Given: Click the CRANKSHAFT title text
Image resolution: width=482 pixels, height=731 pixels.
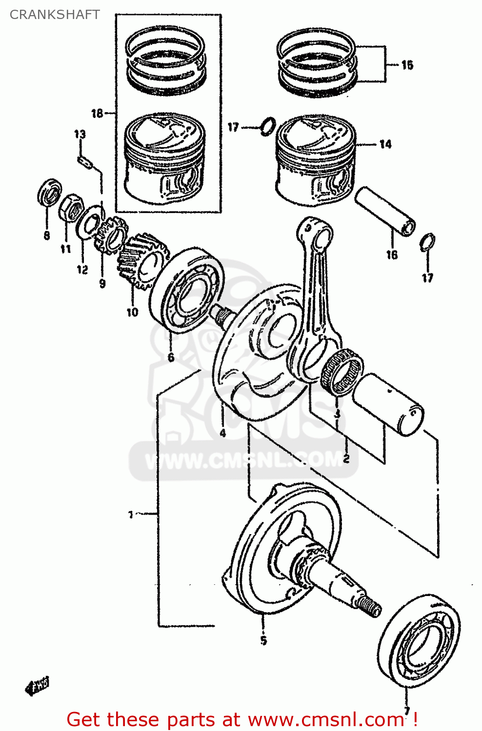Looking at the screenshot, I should click(x=55, y=15).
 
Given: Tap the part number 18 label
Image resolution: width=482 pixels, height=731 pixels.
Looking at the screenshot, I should click(x=97, y=114).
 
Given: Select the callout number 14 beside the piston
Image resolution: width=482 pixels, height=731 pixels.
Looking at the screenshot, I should click(x=385, y=144).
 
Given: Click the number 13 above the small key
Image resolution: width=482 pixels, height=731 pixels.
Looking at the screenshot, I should click(x=80, y=134).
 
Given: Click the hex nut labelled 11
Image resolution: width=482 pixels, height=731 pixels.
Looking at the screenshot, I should click(x=71, y=208).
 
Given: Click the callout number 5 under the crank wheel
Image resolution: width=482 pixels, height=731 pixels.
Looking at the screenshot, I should click(x=263, y=640).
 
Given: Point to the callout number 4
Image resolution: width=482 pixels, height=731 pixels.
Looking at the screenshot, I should click(x=222, y=433).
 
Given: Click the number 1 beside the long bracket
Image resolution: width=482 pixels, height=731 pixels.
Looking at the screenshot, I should click(x=131, y=515).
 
